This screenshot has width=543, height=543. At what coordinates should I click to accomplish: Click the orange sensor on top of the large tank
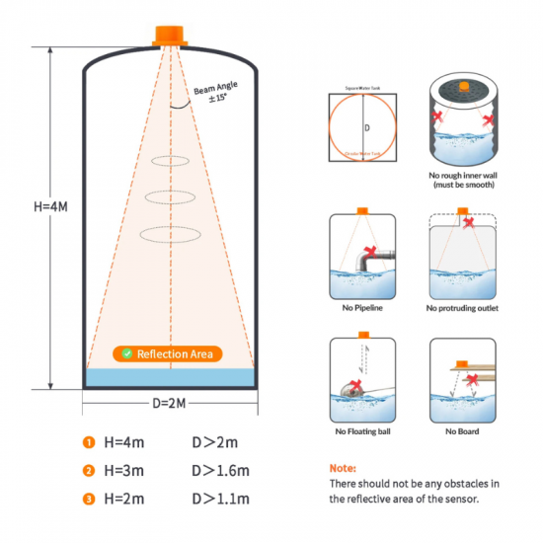[x=170, y=36]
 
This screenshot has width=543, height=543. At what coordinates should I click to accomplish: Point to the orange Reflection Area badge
[x=168, y=353]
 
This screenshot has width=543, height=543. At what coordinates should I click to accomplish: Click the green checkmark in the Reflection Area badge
[x=126, y=353]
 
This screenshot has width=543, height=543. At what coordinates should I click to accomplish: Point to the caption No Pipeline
[x=362, y=308]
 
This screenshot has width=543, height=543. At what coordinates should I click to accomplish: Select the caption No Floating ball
[x=362, y=431]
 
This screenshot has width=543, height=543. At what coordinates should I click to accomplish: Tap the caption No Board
[x=463, y=431]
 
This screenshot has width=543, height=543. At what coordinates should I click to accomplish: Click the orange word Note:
[x=343, y=468]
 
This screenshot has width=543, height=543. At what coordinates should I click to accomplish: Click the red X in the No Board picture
[x=473, y=379]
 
